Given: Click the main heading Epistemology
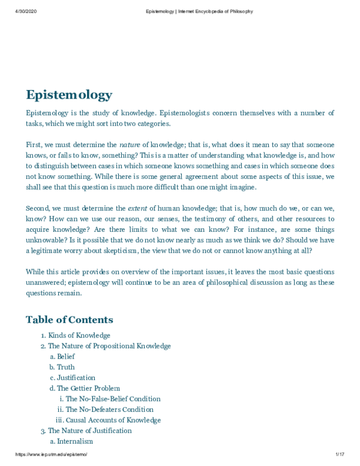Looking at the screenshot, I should (x=68, y=95).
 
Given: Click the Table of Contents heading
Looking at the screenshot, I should (x=69, y=319).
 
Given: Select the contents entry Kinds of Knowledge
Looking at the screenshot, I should (x=79, y=335).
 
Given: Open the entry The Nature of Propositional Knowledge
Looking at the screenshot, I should (x=109, y=346).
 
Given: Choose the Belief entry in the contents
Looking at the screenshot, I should (x=66, y=357).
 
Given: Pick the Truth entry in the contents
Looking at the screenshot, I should (x=66, y=367).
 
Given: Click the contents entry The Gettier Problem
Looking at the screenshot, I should (x=88, y=389).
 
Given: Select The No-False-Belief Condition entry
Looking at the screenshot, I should (x=113, y=399).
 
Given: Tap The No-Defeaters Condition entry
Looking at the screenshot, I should (x=110, y=410).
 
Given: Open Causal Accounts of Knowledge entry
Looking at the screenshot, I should (x=113, y=420).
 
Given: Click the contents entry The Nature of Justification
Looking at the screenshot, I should (x=89, y=431).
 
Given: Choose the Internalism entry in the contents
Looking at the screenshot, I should (x=75, y=441).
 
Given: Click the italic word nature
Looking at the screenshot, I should (x=130, y=145).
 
